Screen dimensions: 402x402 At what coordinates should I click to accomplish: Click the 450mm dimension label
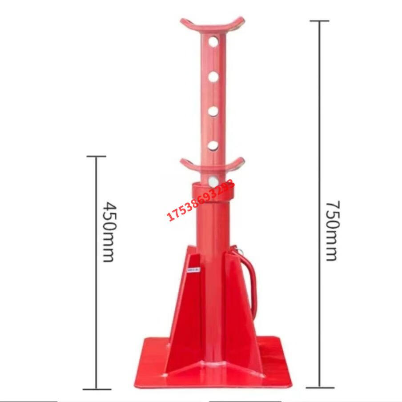click(110, 232)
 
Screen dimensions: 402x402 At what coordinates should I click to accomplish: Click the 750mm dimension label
click(333, 231)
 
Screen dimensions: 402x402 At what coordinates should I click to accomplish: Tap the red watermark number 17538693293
click(201, 200)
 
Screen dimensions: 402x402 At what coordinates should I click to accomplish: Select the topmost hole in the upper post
click(213, 42)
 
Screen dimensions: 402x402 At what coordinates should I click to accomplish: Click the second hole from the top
click(213, 76)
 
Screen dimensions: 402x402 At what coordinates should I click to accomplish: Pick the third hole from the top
click(213, 111)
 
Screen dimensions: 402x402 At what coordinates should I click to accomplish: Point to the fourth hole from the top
click(213, 145)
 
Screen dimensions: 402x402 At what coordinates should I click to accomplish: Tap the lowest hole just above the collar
click(213, 181)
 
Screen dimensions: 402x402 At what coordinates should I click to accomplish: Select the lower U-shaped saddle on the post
click(213, 167)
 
